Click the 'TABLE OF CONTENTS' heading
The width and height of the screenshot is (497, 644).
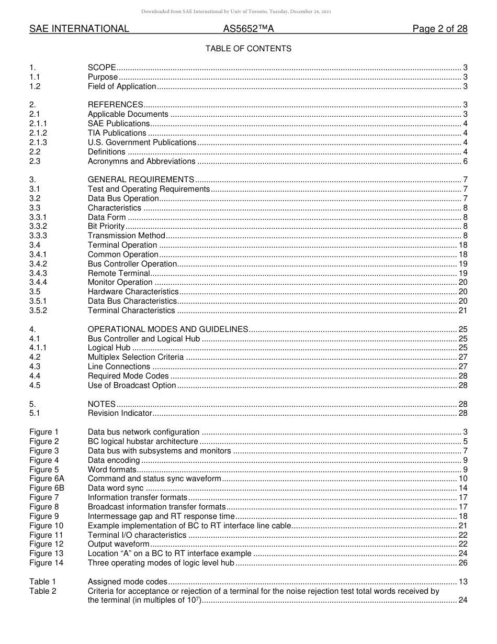click(x=248, y=49)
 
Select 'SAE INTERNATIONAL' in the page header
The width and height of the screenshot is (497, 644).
click(x=79, y=29)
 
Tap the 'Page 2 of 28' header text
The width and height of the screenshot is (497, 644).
click(x=439, y=29)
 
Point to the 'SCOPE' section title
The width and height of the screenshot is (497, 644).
click(x=101, y=68)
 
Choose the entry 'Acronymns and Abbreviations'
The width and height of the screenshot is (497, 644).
click(x=141, y=161)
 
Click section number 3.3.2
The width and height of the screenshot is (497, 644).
click(x=38, y=226)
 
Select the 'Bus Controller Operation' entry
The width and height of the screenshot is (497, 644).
click(x=132, y=264)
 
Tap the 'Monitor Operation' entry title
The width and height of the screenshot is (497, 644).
click(x=120, y=282)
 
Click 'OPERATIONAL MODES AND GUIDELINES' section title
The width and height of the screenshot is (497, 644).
click(x=167, y=329)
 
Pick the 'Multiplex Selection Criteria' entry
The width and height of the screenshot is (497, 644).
click(x=135, y=357)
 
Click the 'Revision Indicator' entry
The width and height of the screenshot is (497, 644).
click(x=120, y=413)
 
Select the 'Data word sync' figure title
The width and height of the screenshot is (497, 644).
click(x=115, y=488)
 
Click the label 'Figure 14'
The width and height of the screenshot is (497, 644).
click(x=46, y=563)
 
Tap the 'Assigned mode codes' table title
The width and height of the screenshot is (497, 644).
click(x=127, y=582)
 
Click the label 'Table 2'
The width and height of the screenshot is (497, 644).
click(x=42, y=591)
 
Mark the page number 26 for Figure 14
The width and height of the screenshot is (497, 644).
click(x=462, y=563)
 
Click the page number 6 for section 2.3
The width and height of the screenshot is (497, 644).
click(x=465, y=161)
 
